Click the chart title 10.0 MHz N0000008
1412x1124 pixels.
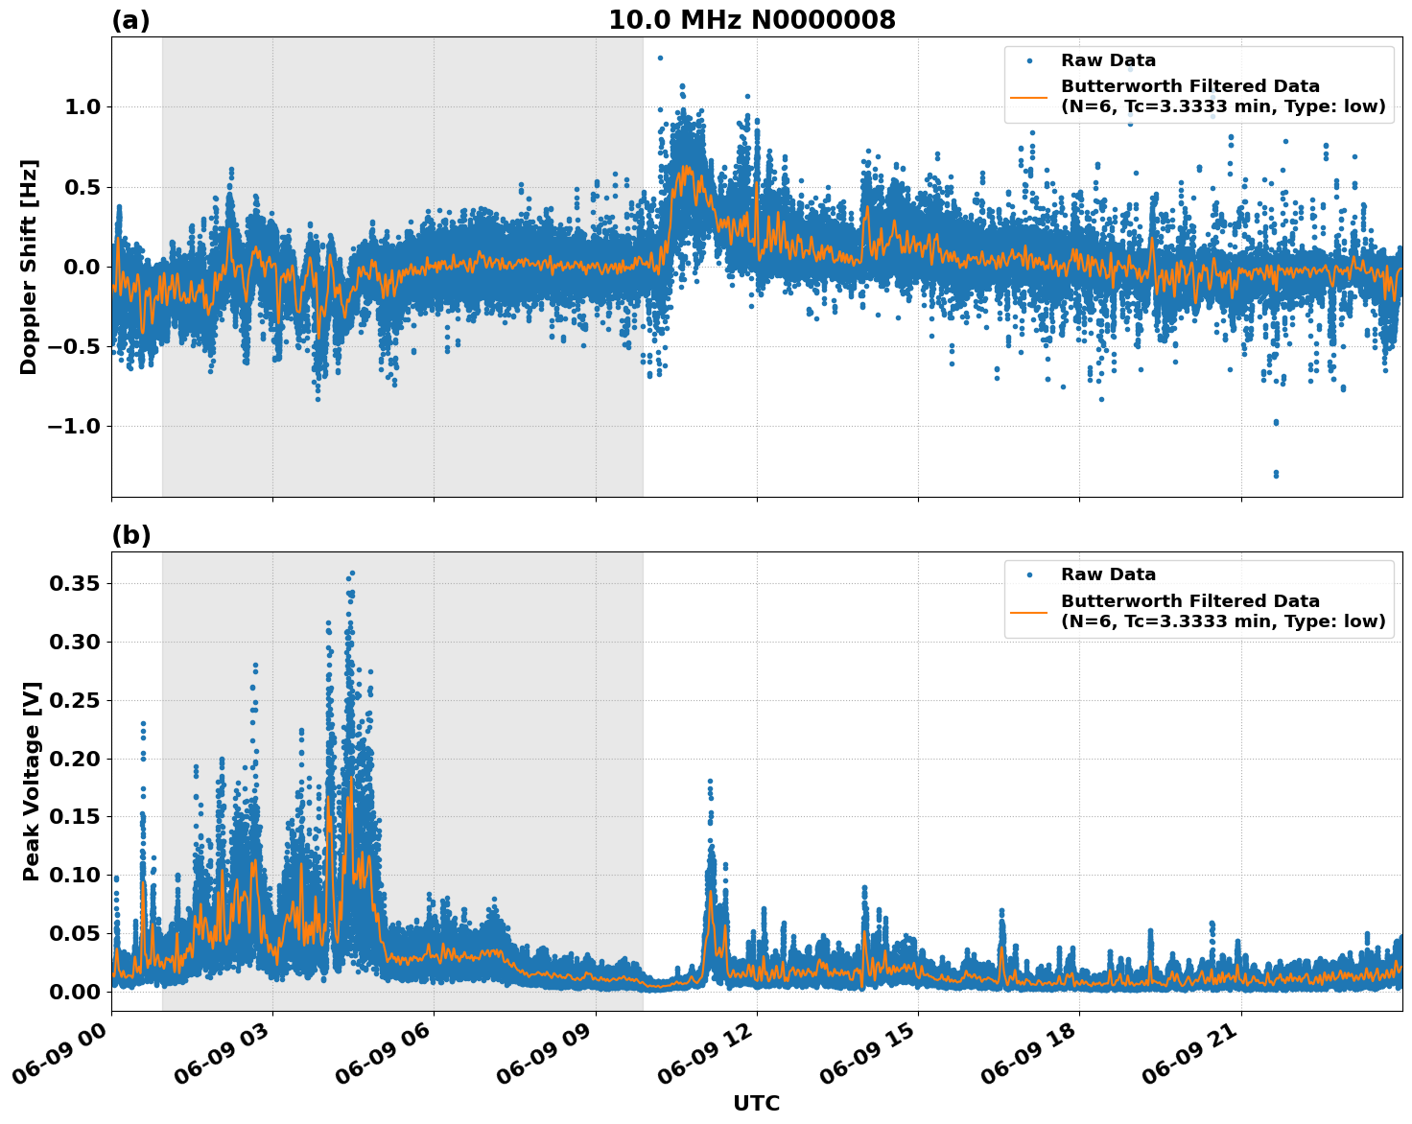pos(751,20)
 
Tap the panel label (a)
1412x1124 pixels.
pos(130,20)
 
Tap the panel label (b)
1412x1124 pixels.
pos(130,535)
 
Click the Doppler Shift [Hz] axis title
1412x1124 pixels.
pos(29,267)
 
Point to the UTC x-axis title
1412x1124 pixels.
pos(756,1103)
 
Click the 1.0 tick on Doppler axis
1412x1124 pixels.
pos(82,106)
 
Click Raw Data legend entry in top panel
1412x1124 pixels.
pos(1108,61)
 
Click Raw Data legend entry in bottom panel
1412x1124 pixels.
pos(1108,575)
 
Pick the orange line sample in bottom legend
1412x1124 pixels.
pos(1030,611)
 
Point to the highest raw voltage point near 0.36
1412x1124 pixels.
pos(352,573)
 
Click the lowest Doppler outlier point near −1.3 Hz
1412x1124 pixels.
pos(1276,475)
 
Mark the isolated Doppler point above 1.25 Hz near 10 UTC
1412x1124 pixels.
pos(660,58)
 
